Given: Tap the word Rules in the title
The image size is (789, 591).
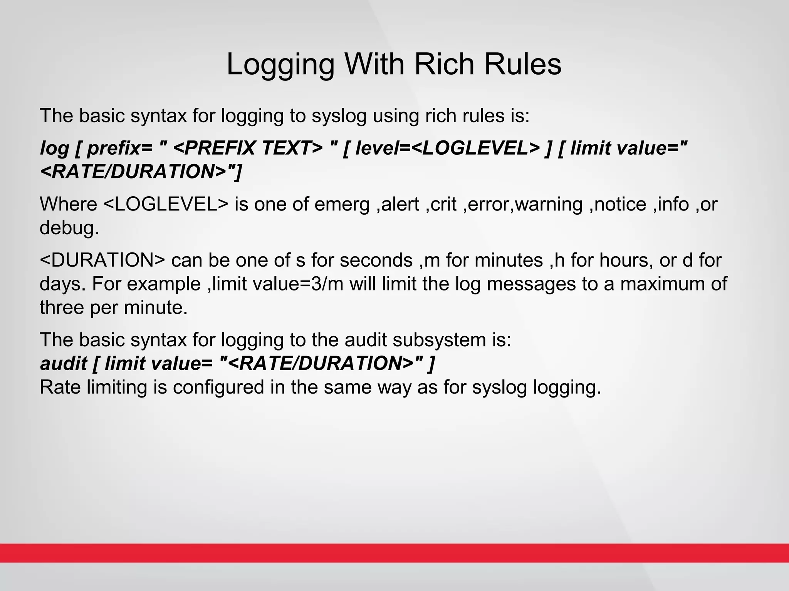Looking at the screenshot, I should [523, 64].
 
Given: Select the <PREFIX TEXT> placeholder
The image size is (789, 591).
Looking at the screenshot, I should [248, 148].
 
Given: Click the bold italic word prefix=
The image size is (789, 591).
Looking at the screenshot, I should [114, 148].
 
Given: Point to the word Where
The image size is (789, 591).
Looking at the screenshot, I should [69, 204].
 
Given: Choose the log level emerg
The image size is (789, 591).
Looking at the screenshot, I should [342, 205].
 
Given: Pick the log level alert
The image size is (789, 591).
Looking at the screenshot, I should [401, 204].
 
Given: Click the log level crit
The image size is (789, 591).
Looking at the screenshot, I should [444, 204].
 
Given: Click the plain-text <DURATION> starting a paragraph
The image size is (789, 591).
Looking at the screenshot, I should [102, 260].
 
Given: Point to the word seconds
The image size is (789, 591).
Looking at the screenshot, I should [376, 260].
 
